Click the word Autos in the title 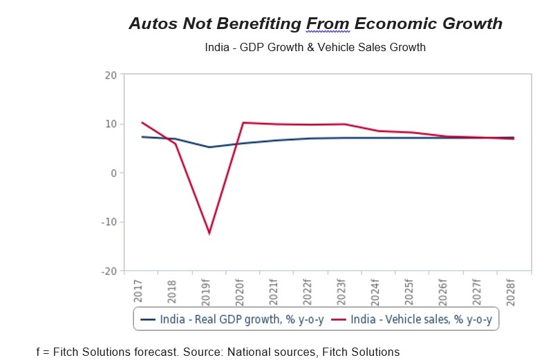154,23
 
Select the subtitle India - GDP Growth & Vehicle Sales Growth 315,48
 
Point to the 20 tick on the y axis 110,75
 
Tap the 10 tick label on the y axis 110,124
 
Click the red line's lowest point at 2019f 209,234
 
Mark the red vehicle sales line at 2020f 243,122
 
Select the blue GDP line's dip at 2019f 209,147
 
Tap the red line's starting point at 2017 142,122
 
